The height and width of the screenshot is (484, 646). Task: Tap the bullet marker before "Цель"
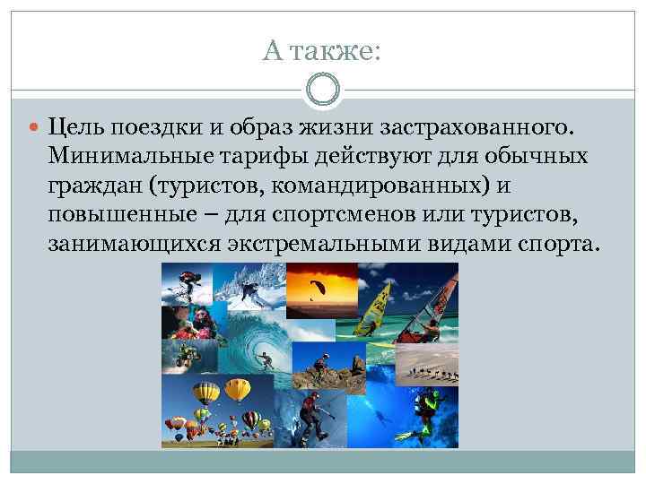pyautogui.click(x=39, y=128)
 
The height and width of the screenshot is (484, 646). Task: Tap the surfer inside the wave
pyautogui.click(x=266, y=363)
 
